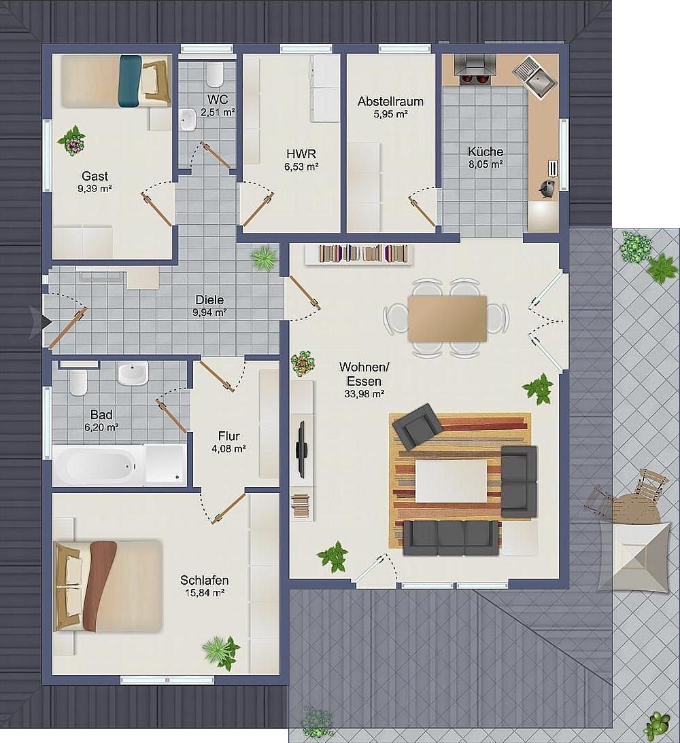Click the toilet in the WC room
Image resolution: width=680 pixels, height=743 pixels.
click(215, 75)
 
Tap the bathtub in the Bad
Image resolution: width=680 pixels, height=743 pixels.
click(99, 465)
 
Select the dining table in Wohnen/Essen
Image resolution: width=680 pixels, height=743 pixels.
click(447, 319)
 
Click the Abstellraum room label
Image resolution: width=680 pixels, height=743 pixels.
click(390, 101)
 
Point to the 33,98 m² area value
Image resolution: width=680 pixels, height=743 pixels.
click(364, 393)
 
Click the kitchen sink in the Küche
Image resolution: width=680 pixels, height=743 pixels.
click(536, 77)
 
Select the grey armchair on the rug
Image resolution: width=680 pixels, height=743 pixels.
click(418, 426)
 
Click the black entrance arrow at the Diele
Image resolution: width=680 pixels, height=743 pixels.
click(45, 322)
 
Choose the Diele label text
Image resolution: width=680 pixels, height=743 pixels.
click(209, 300)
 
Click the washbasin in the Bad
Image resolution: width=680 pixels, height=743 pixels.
click(133, 374)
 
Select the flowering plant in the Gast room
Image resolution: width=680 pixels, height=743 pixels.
click(72, 141)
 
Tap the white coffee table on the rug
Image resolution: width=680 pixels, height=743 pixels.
click(452, 482)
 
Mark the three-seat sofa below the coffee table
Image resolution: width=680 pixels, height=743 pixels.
click(451, 538)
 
